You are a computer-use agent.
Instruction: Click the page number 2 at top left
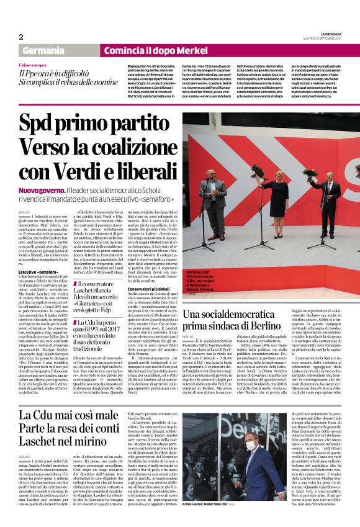click(20, 37)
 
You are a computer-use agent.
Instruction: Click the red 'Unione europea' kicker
click(32, 65)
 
